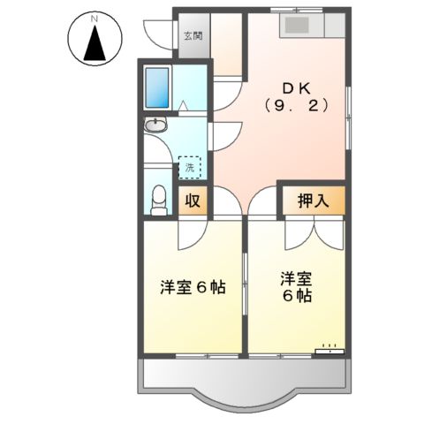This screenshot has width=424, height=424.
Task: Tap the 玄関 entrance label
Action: [x=193, y=37]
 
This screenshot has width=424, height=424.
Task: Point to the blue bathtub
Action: [x=159, y=86]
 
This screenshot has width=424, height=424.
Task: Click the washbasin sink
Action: [x=155, y=126]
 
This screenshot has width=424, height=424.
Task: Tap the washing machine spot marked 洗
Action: [x=189, y=165]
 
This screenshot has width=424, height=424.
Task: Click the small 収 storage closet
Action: [x=193, y=201]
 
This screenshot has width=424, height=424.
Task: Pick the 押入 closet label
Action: [x=312, y=201]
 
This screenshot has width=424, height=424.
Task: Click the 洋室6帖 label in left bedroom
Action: [x=192, y=287]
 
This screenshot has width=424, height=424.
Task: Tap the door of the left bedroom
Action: [x=191, y=231]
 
